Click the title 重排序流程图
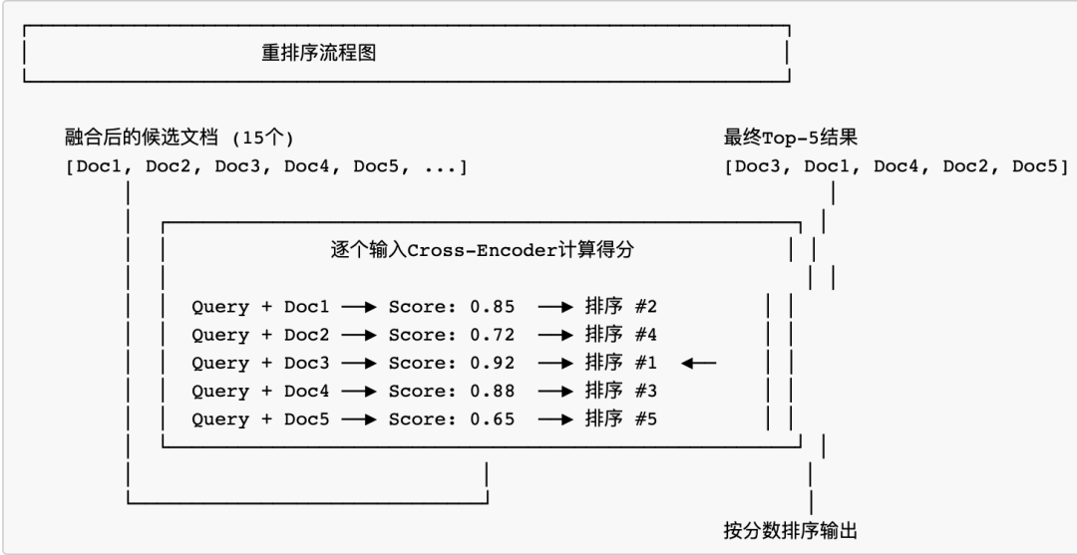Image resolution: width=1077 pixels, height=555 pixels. point(319,54)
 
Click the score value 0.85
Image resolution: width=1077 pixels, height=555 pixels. point(493,307)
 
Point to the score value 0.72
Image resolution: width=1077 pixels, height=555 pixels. point(493,335)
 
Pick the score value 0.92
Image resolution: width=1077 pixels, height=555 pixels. point(493,363)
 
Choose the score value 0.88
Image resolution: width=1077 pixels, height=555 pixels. point(493,391)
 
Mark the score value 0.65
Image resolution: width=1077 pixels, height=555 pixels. point(493,418)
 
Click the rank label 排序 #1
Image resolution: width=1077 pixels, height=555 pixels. point(621,363)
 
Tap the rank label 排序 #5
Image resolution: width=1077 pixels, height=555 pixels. point(621,418)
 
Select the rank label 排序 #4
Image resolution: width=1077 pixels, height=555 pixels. point(621,335)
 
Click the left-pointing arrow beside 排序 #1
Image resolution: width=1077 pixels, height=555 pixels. point(699,363)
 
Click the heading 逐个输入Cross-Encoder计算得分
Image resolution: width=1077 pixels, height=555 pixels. point(482,251)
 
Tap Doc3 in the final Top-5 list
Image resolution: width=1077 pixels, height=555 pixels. point(756,165)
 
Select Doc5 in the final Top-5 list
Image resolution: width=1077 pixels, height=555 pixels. point(1033,165)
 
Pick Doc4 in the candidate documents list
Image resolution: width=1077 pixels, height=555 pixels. point(306,165)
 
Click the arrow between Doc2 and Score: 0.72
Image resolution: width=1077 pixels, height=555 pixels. point(358,335)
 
